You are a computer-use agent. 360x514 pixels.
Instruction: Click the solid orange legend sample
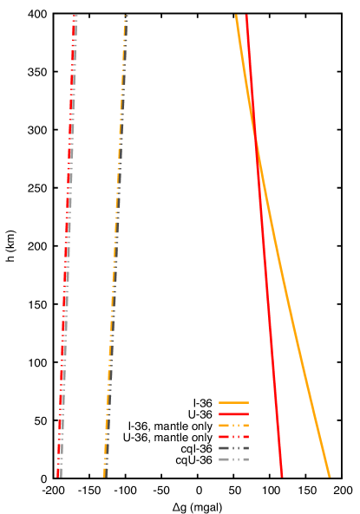[x=233, y=403]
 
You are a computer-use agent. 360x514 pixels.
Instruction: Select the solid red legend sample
[x=233, y=414]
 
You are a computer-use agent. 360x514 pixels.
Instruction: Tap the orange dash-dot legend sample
[x=233, y=426]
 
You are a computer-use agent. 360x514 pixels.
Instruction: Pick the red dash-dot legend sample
[x=233, y=437]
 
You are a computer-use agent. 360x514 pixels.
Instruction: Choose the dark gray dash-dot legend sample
[x=233, y=448]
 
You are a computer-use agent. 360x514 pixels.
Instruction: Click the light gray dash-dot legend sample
[x=233, y=459]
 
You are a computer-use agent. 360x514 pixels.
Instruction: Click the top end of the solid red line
[x=246, y=16]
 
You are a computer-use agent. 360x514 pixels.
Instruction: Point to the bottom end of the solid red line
[x=282, y=476]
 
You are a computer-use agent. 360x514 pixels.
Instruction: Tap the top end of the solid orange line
[x=236, y=16]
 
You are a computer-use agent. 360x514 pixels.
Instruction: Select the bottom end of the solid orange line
[x=329, y=476]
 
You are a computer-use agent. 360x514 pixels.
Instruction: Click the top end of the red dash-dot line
[x=75, y=16]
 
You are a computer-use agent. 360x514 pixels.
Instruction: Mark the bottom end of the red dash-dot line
[x=59, y=476]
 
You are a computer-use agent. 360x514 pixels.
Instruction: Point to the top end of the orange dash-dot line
[x=126, y=16]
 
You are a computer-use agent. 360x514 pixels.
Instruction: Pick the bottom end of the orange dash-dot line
[x=105, y=476]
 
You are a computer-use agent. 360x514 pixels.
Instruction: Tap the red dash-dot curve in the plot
[x=66, y=260]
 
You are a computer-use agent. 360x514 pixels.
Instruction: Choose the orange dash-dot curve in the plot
[x=115, y=260]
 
